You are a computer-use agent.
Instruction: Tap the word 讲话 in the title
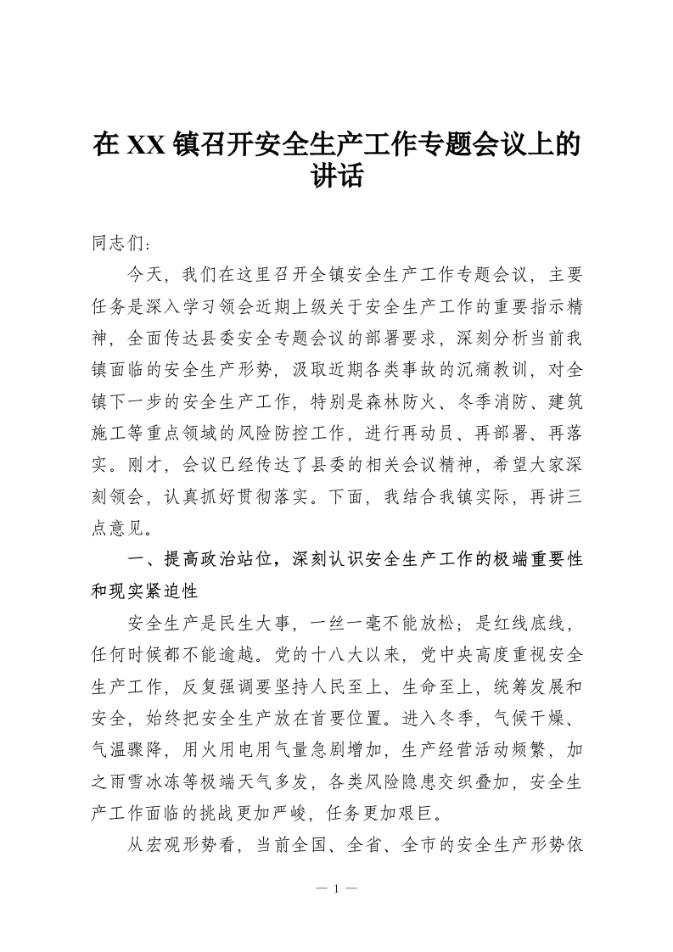pos(337,177)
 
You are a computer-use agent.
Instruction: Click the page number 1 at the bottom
pos(337,889)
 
